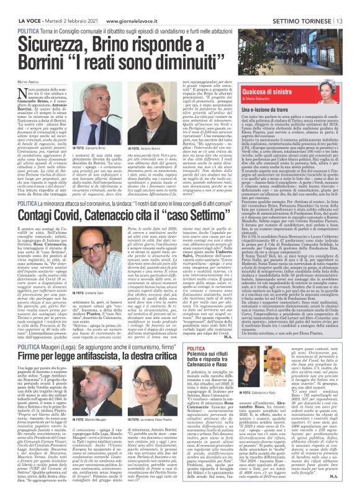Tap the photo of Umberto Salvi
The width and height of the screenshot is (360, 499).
point(98,255)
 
